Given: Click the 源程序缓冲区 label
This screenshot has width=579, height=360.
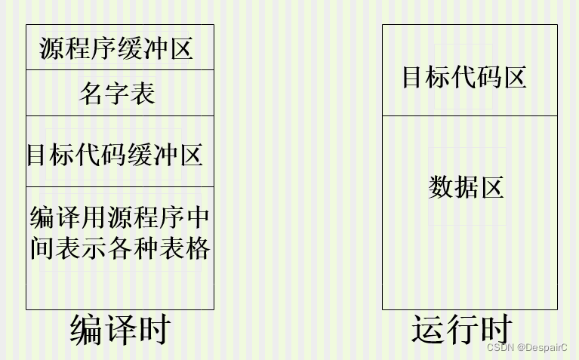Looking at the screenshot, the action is (x=116, y=48).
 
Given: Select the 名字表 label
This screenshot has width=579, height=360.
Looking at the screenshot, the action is (x=117, y=94).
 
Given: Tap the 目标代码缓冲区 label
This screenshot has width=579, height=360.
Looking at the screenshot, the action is (x=115, y=155).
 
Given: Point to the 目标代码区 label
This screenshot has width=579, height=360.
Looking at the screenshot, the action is (x=464, y=77).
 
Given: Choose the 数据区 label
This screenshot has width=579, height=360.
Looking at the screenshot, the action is (x=466, y=186).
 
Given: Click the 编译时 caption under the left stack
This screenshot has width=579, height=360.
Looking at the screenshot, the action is (x=121, y=330).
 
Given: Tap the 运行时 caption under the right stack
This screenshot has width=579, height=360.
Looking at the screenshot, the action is (x=462, y=330).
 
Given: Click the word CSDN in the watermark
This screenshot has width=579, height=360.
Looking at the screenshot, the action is (x=500, y=347).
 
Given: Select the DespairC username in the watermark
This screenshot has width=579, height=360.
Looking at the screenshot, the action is (x=547, y=347).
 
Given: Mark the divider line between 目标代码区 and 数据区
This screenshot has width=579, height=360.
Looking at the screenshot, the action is (x=470, y=116).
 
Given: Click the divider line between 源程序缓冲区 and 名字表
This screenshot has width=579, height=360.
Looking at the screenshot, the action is (x=120, y=70).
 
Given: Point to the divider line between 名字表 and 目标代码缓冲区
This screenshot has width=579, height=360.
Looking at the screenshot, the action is (x=120, y=116).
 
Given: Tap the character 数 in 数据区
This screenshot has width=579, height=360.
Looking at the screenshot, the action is (x=441, y=186).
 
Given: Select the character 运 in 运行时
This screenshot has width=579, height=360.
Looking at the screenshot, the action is (x=427, y=330).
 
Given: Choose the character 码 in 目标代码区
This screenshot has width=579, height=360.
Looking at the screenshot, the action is (x=488, y=77).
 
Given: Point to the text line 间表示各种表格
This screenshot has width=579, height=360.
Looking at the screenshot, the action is (x=120, y=248).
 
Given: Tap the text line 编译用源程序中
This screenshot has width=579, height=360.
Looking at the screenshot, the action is (x=120, y=218).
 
